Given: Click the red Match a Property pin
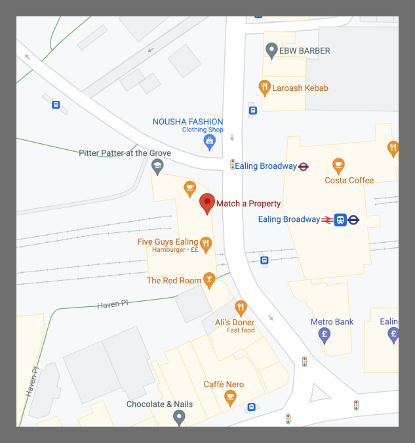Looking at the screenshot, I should [x=207, y=203].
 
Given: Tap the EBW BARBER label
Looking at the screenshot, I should [x=305, y=50].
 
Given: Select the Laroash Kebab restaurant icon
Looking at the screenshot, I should [x=264, y=87].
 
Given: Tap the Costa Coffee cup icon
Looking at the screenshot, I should [x=338, y=164].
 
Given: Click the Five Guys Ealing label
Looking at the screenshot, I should [x=167, y=242].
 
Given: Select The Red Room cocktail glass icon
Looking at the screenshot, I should [x=209, y=280].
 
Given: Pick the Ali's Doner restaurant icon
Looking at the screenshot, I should [x=241, y=308].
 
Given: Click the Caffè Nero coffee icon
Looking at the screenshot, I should [x=230, y=397].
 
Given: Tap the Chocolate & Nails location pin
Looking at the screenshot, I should [x=179, y=416].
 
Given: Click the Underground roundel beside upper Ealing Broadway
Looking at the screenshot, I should [x=304, y=166].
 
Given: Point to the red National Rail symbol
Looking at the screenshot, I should [x=327, y=220].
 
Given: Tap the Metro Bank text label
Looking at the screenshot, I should [x=332, y=321].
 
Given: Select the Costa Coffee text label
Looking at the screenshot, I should [x=349, y=180].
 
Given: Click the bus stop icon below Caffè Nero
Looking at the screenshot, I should [x=251, y=407].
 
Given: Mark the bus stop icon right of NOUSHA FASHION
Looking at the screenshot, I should [x=252, y=111].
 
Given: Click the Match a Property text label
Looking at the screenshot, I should [x=248, y=204].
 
